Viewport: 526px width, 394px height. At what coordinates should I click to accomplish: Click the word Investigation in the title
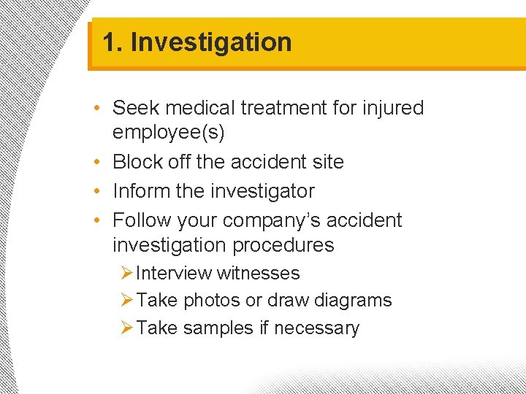(x=211, y=42)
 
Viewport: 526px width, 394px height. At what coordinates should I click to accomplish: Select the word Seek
(x=137, y=108)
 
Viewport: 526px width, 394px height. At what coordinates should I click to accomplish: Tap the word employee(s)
(x=168, y=133)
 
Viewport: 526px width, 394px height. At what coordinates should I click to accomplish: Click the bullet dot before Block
(x=98, y=162)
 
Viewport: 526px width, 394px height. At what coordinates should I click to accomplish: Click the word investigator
(x=262, y=191)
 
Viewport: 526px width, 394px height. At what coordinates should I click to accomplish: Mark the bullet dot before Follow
(x=98, y=220)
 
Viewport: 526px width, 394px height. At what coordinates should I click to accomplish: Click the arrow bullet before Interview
(x=126, y=274)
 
